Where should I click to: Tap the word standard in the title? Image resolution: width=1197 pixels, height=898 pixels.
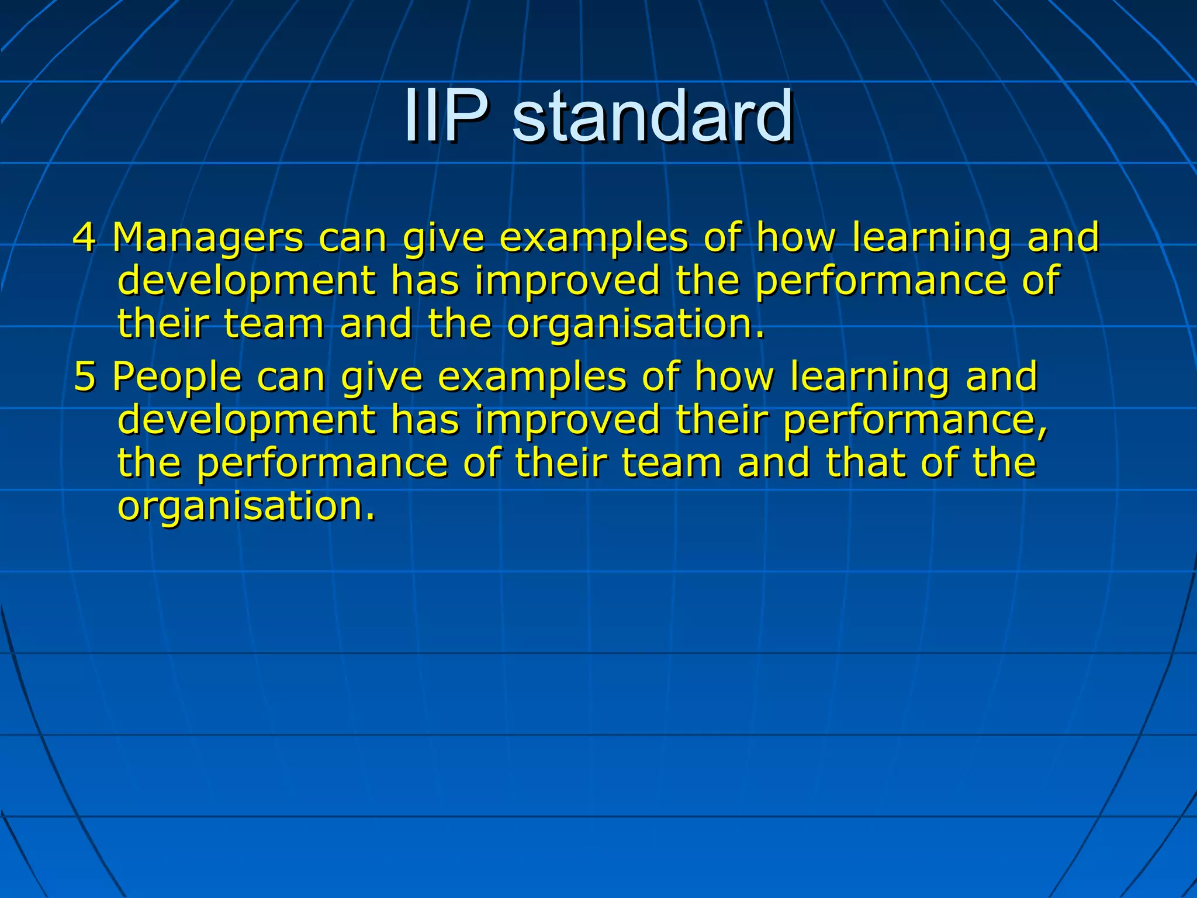point(652,115)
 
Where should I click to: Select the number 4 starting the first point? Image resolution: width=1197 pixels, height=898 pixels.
point(84,237)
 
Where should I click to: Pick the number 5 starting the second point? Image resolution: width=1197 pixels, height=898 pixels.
point(84,376)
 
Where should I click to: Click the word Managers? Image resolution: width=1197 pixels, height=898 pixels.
point(207,237)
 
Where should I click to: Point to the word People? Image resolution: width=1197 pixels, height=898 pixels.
point(177,376)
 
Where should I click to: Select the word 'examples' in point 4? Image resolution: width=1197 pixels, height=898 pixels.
point(594,239)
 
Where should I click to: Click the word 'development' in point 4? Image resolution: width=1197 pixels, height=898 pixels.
point(246,281)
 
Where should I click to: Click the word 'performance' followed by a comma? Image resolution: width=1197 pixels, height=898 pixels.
point(912,420)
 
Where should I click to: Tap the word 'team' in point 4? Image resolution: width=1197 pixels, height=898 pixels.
point(274,324)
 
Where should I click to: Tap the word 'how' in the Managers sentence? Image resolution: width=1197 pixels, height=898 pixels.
point(797,237)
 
